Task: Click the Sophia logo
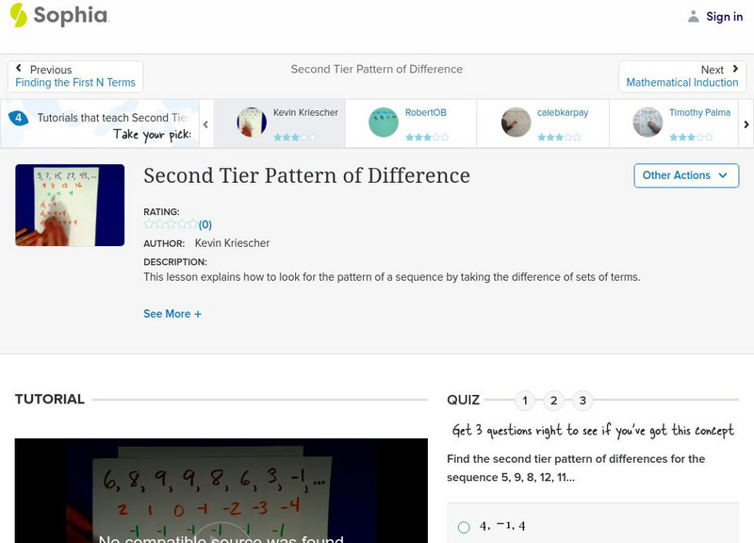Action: [x=58, y=15]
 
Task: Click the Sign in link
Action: [x=715, y=16]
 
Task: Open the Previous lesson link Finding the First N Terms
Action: [x=75, y=76]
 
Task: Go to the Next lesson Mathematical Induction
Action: [x=681, y=76]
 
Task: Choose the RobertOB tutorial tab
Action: [x=411, y=123]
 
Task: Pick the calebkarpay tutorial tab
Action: [x=542, y=123]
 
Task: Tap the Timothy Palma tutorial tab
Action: [x=673, y=123]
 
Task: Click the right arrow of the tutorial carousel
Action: [x=746, y=124]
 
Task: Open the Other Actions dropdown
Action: [x=685, y=175]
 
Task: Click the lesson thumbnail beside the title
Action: [x=70, y=205]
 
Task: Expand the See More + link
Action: [x=172, y=314]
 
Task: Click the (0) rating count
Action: [x=205, y=225]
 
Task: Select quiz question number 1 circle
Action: [x=525, y=401]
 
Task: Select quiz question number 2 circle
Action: [x=554, y=401]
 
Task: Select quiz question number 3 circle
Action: [x=582, y=401]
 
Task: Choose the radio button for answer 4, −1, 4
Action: [x=464, y=527]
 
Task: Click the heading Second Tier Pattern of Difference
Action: [x=306, y=176]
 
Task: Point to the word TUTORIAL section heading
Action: [x=50, y=400]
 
